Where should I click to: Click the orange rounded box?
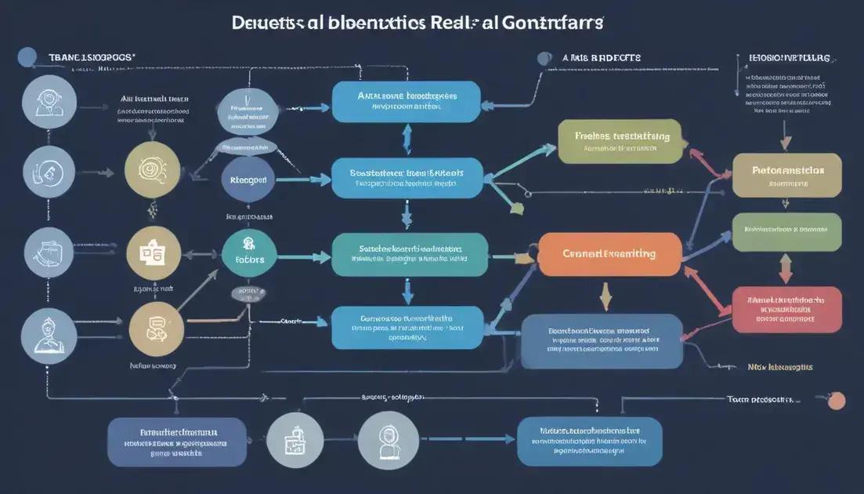pos(609,254)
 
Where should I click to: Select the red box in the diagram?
pos(786,310)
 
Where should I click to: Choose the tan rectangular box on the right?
pos(786,175)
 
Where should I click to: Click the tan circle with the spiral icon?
pos(152,169)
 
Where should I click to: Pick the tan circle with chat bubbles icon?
pos(156,330)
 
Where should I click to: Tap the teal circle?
pos(249,252)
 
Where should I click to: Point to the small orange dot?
pos(837,401)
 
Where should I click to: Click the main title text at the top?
pos(418,22)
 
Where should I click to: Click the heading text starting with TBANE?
pos(92,57)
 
